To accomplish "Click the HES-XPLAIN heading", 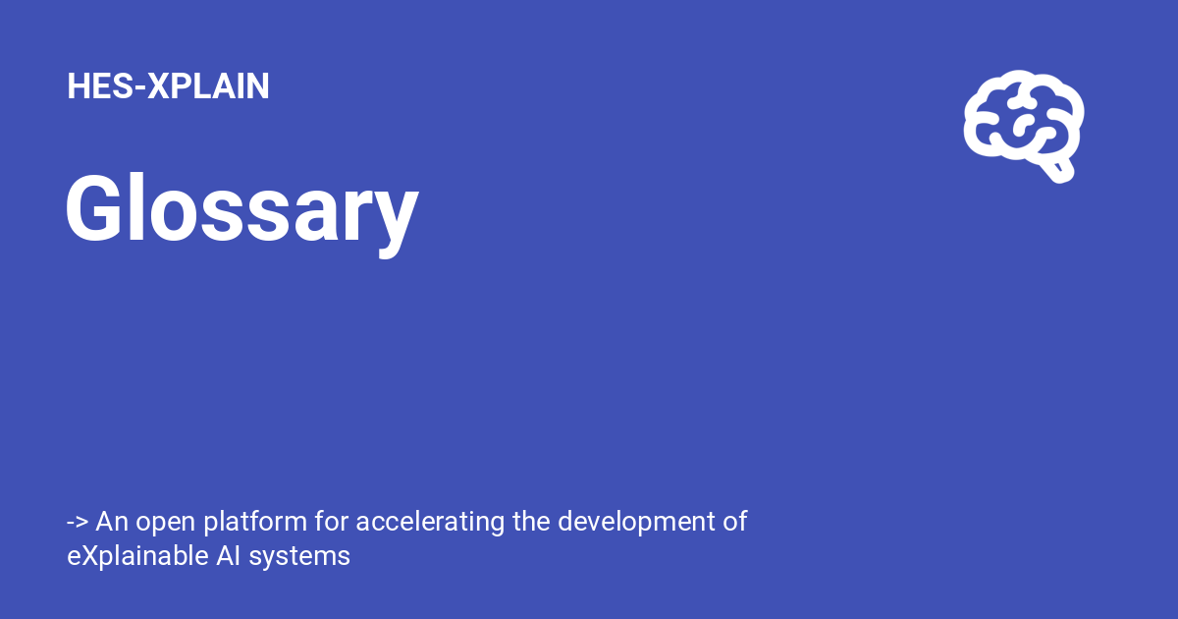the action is (x=168, y=86).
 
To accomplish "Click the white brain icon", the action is (x=1023, y=127).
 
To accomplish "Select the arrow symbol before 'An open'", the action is (x=78, y=522).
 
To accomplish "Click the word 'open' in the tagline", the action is (x=165, y=523).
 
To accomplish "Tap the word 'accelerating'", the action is (x=430, y=523).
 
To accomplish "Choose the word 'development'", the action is (x=636, y=523).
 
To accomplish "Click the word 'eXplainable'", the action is (x=134, y=557).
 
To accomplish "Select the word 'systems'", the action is (x=299, y=558).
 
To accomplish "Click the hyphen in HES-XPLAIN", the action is (x=139, y=87).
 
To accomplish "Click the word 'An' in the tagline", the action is (x=112, y=522).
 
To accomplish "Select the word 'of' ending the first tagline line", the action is (x=735, y=522).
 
